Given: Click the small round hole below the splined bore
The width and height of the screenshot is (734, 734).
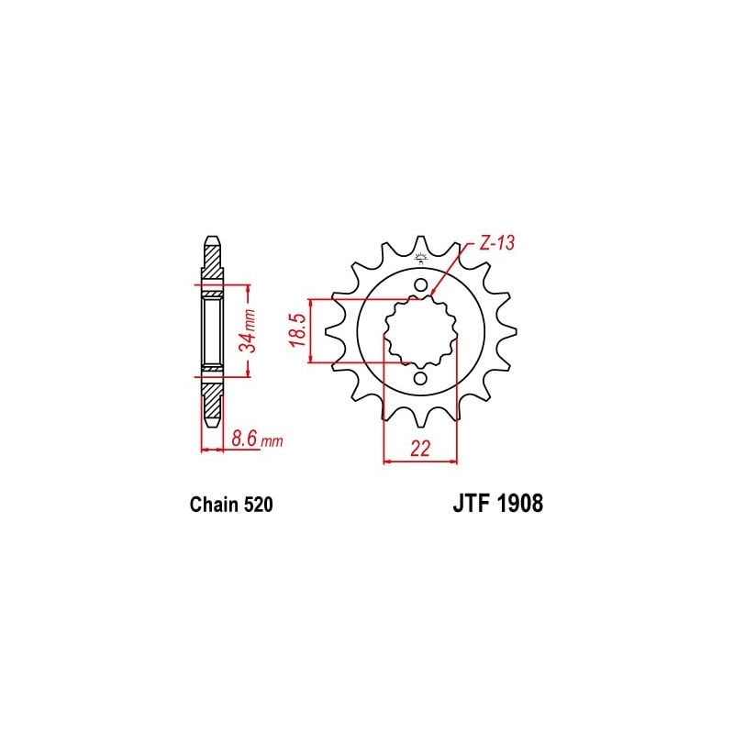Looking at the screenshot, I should click(419, 378).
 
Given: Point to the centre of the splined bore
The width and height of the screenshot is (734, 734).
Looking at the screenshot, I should click(419, 331).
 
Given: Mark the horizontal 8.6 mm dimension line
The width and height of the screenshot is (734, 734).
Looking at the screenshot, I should click(212, 450).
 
